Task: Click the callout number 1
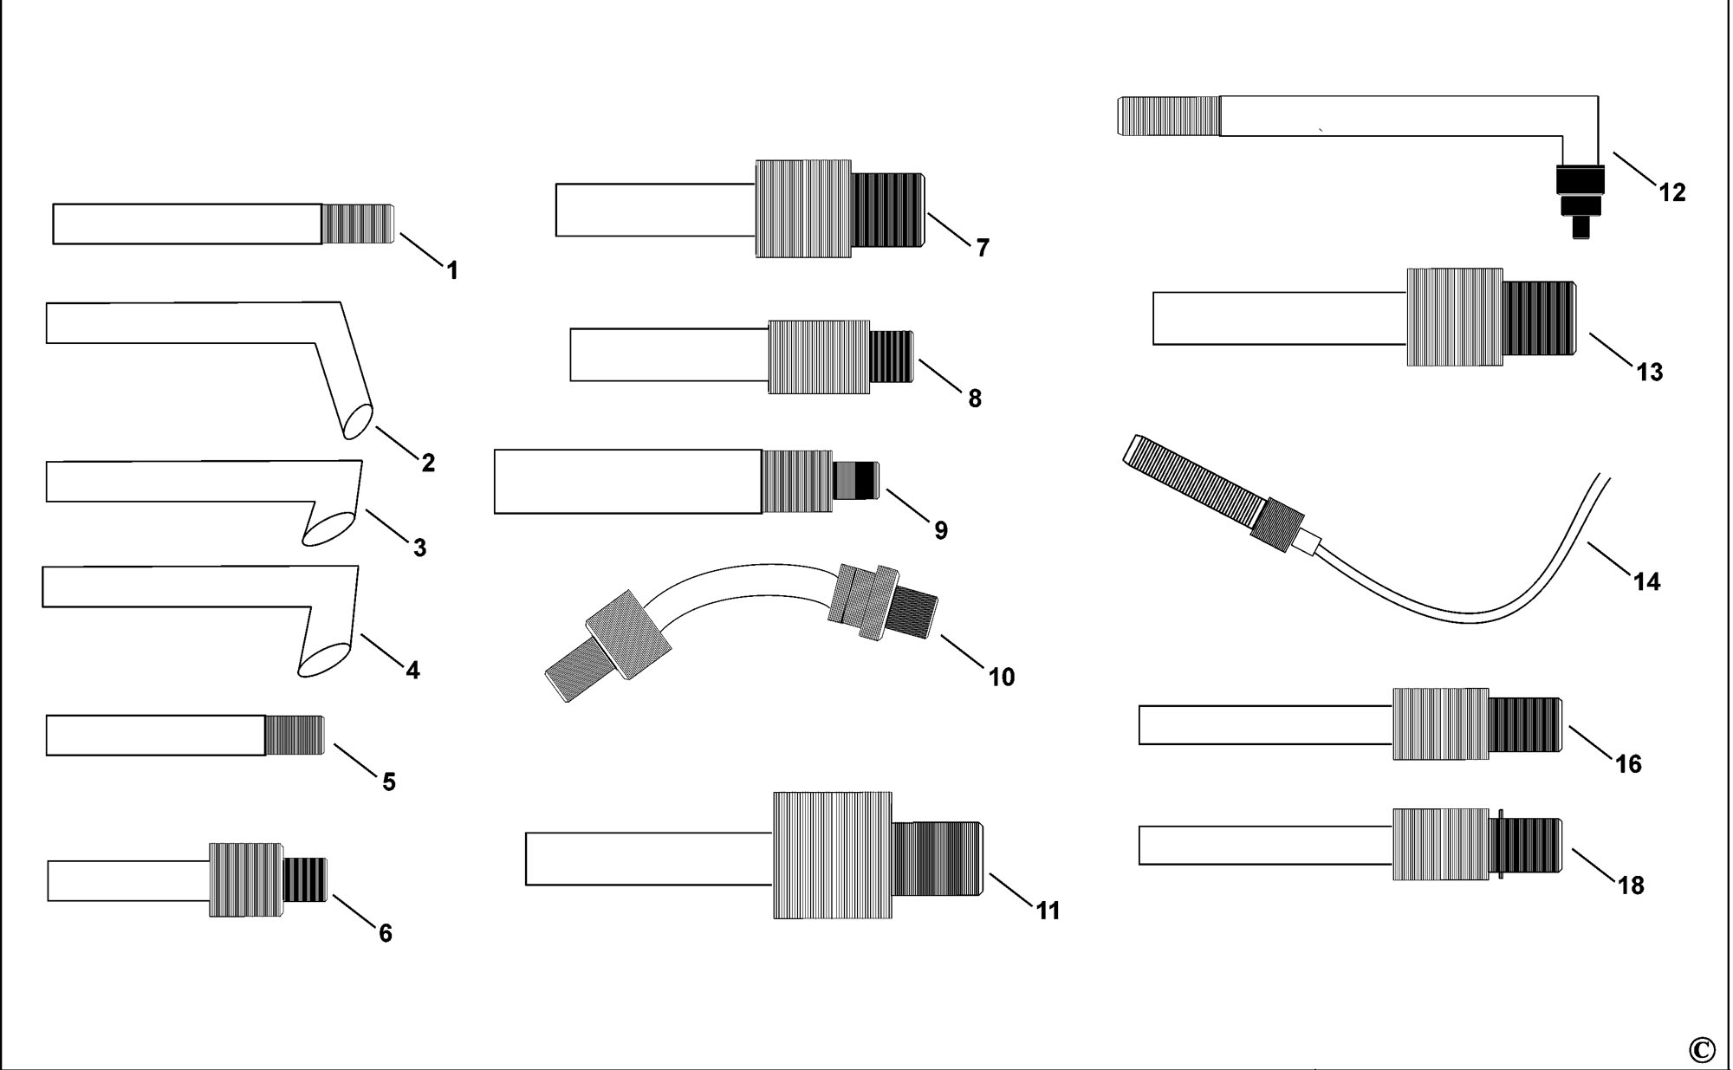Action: (451, 270)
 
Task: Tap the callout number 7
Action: (982, 248)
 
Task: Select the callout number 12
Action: (1672, 192)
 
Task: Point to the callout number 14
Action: (1646, 581)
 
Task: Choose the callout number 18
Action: (1630, 885)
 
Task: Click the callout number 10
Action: (1001, 677)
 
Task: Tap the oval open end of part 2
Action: (357, 421)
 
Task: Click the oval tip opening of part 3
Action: (328, 528)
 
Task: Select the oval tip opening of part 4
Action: (325, 658)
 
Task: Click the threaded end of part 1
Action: (358, 224)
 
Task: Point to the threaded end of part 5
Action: (295, 736)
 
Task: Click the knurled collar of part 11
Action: (833, 855)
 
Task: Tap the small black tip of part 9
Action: (855, 481)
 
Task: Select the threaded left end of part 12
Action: (1169, 116)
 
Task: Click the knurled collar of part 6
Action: (246, 879)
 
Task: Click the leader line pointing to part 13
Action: (1609, 349)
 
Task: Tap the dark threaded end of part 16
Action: (1526, 724)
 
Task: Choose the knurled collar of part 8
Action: (819, 357)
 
